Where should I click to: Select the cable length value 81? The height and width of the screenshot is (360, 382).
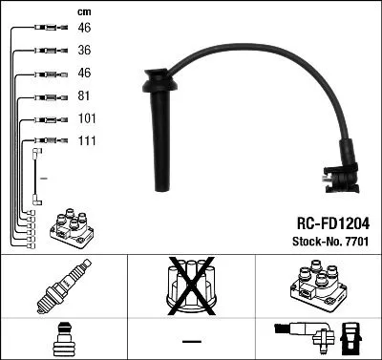(84, 96)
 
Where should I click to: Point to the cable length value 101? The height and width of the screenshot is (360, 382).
(87, 119)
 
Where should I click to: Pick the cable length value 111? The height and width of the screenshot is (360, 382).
(87, 141)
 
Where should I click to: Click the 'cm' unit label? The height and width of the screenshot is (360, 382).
(83, 11)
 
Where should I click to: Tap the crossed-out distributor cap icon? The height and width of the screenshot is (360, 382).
(191, 286)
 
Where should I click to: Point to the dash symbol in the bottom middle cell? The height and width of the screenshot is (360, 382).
(191, 340)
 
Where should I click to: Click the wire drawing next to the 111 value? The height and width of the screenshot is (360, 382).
(42, 142)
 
